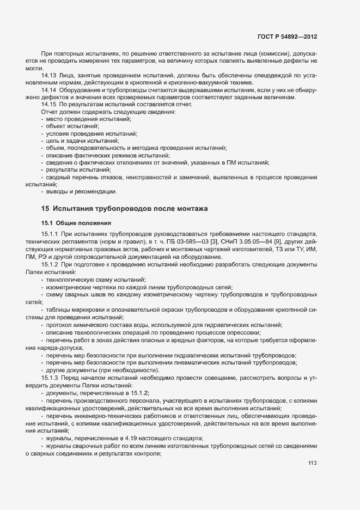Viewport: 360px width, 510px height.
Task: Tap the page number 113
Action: click(x=312, y=464)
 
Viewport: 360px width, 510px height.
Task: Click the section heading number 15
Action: click(x=45, y=209)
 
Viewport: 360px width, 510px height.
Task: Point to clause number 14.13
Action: click(x=49, y=75)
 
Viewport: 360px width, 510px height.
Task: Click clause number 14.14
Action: click(x=49, y=89)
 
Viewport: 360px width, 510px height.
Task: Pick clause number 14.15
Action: click(x=49, y=104)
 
